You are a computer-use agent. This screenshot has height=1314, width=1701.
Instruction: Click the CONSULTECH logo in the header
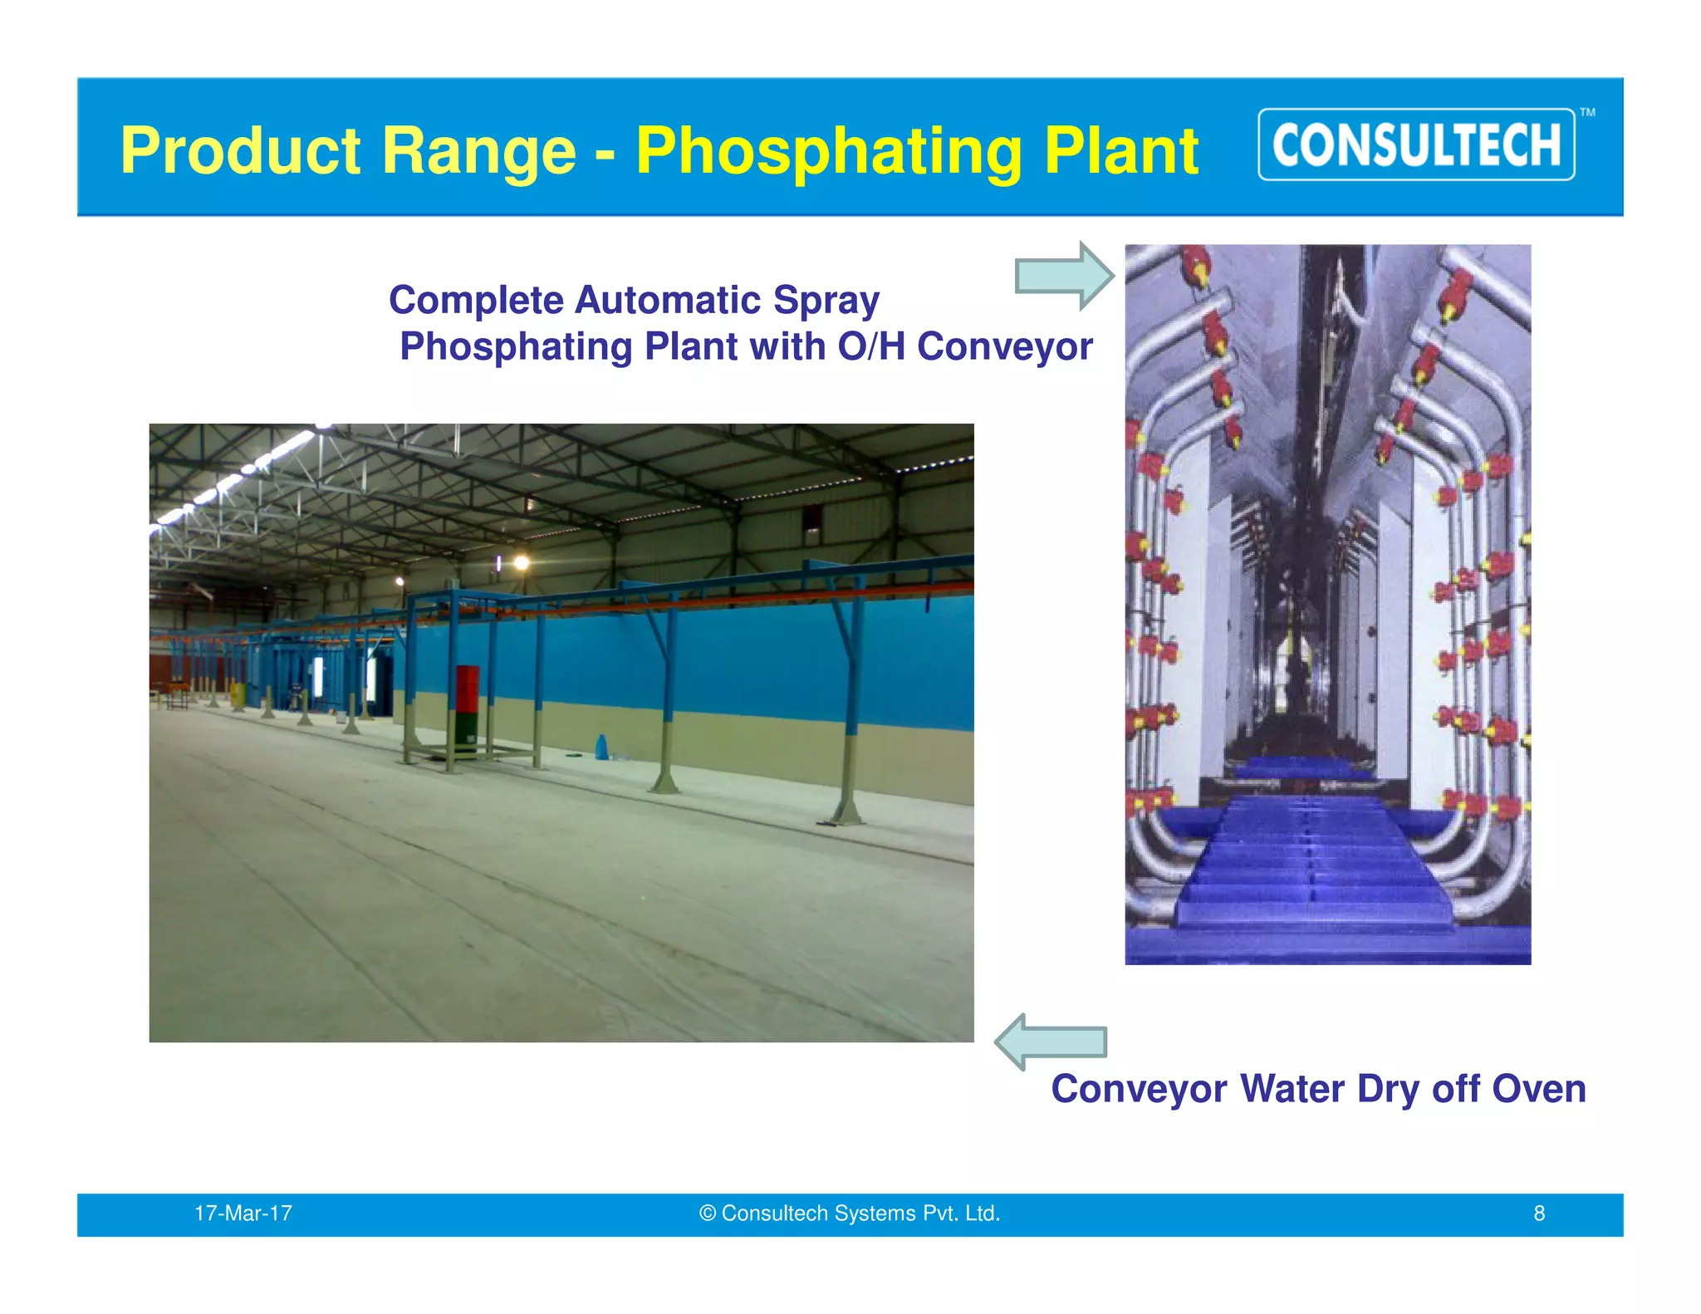(x=1416, y=145)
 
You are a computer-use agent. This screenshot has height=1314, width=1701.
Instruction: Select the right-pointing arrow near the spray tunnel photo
(x=1064, y=276)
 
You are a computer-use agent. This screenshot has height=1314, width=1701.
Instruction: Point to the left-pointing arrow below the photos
(x=1050, y=1042)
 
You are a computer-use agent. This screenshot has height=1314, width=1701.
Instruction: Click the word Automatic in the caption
(x=667, y=300)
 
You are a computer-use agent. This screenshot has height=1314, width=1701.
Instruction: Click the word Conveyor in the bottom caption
(x=1139, y=1089)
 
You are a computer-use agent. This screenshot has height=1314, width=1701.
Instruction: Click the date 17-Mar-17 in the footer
(x=243, y=1213)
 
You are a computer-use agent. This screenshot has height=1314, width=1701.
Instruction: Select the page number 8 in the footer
(x=1539, y=1213)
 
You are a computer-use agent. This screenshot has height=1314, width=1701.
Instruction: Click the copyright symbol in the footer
(x=707, y=1213)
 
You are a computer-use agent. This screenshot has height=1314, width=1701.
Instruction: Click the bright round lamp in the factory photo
(x=522, y=563)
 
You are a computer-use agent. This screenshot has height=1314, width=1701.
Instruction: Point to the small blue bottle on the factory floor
(x=602, y=747)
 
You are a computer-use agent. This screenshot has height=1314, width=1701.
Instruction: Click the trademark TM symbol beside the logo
(x=1587, y=113)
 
